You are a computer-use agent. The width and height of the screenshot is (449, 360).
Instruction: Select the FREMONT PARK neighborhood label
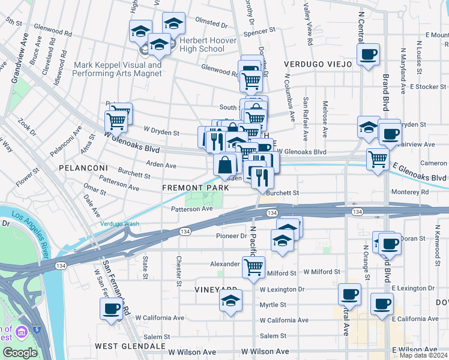pos(195,188)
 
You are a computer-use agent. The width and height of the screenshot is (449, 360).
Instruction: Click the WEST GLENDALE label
pos(130,346)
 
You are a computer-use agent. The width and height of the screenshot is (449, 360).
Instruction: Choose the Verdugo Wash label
pos(119,224)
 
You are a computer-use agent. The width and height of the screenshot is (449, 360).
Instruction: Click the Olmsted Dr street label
pos(215,26)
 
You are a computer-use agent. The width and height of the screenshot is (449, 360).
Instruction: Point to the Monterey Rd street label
pos(409,192)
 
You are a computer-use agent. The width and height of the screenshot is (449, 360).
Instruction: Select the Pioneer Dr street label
pos(231,236)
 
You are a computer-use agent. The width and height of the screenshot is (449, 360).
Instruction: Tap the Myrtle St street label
pos(273,305)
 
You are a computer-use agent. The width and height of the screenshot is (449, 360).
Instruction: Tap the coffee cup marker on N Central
pos(368,54)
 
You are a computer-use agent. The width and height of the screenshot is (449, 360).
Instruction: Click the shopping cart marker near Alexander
pos(253,266)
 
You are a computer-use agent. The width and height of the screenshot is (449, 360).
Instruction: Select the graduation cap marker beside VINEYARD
pos(231,300)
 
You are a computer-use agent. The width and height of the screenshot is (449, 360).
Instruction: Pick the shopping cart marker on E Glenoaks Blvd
pos(378,159)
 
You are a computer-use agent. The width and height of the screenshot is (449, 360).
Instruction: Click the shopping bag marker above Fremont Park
pos(224,164)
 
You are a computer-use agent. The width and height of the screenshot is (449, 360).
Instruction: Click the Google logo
pos(20,352)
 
